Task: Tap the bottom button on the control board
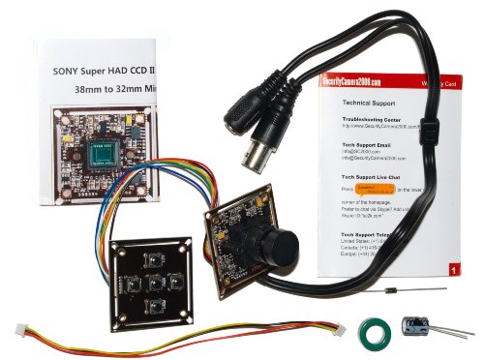154,307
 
